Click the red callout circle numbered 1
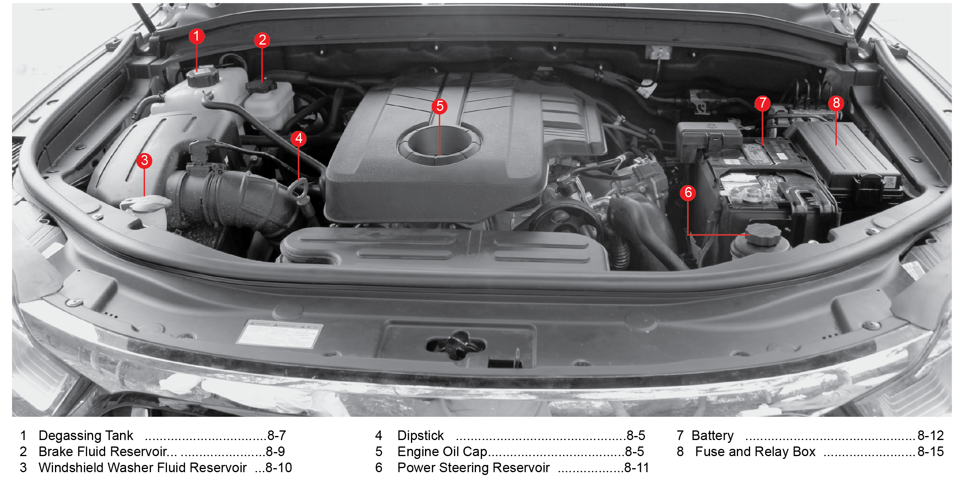tap(197, 36)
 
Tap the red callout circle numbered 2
tap(262, 40)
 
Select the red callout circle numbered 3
tap(144, 161)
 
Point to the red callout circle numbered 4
tap(299, 139)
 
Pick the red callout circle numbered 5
tap(440, 106)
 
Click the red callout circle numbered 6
tap(688, 193)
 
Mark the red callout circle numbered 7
tap(763, 103)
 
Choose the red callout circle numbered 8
tap(836, 103)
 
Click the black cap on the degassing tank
tap(203, 77)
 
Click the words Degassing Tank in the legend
tap(85, 436)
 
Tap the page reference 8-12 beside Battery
tap(931, 436)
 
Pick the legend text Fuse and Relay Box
tap(755, 452)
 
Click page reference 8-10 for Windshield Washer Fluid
tap(279, 468)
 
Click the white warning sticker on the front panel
tap(279, 334)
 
